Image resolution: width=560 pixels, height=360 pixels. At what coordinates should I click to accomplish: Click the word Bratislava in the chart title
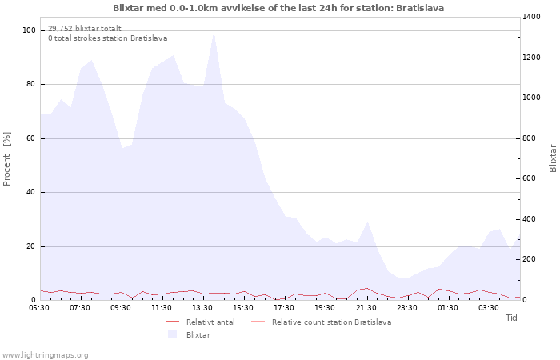[420, 8]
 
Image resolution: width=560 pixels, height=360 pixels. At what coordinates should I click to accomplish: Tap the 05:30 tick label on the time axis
[39, 308]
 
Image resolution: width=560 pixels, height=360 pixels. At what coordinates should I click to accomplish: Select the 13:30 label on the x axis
[202, 308]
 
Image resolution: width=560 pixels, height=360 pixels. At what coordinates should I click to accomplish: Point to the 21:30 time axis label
[366, 308]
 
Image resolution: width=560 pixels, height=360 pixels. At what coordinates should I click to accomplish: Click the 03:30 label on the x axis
[489, 308]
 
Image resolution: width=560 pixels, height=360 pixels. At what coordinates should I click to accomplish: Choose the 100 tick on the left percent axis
[29, 30]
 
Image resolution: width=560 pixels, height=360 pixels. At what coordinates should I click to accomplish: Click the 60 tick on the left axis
[30, 138]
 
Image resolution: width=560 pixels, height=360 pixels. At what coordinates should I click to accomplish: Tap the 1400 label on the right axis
[531, 17]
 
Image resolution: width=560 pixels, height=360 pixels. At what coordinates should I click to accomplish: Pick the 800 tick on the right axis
[530, 138]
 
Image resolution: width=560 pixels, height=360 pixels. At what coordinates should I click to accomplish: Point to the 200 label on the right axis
[530, 259]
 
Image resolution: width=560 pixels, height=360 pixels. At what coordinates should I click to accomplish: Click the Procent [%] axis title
[6, 159]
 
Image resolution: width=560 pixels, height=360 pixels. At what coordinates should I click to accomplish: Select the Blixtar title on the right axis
[553, 158]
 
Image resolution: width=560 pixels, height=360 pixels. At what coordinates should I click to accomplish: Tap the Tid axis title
[511, 318]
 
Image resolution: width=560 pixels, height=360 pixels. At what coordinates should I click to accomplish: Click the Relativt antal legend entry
[200, 322]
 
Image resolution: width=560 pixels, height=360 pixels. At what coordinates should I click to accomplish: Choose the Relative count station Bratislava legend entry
[322, 322]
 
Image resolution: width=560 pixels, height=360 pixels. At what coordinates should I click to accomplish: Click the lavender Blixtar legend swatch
[173, 334]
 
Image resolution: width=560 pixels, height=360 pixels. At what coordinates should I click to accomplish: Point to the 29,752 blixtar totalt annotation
[85, 29]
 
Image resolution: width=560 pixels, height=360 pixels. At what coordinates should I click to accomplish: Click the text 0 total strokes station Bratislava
[108, 38]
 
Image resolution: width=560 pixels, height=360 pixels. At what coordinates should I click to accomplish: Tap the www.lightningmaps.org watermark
[45, 355]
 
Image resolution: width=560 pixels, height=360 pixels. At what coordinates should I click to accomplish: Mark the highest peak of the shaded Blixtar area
[214, 33]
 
